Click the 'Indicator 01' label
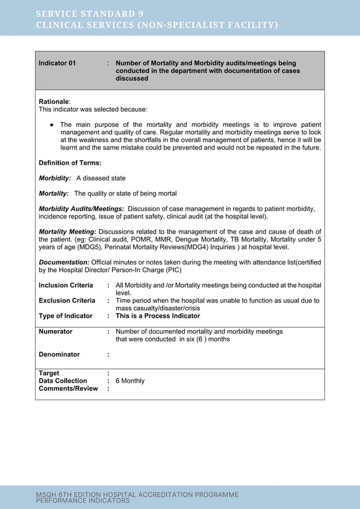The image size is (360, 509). [57, 63]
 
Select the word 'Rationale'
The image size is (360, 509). [53, 102]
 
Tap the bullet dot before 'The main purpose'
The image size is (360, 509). [51, 125]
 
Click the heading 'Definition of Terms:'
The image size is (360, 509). [70, 163]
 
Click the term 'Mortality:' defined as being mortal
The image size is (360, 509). [54, 194]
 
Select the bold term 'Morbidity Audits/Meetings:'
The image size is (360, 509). [81, 209]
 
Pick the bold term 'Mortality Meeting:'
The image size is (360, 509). [67, 231]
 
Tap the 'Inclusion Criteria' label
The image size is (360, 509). [65, 286]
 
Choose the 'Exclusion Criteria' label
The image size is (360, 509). [67, 301]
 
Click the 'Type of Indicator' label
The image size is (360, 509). [65, 316]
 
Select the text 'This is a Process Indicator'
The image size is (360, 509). [157, 316]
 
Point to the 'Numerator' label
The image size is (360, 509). [55, 332]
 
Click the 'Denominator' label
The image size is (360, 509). [59, 354]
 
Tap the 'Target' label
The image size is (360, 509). [49, 373]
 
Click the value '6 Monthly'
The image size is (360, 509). [130, 381]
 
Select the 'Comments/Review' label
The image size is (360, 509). [68, 389]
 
